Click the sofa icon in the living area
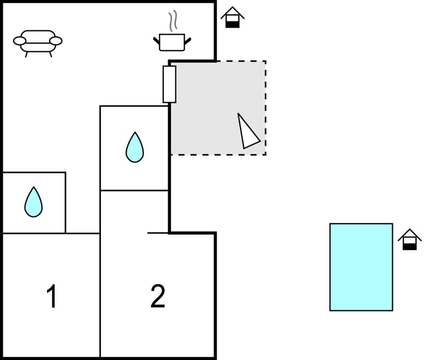pos(38,42)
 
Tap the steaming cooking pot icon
pos(172,41)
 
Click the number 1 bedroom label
pos(52,297)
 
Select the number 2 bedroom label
pos(158,297)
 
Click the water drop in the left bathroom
pos(33,202)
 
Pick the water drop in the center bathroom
pos(135,147)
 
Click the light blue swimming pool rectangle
pos(361,267)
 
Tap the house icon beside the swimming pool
pos(409,240)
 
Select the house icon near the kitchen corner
pos(233,17)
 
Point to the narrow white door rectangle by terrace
pos(169,84)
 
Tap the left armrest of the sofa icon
pos(20,40)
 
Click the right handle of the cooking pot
pos(188,40)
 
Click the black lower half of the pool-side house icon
pos(409,246)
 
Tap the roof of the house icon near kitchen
pos(233,12)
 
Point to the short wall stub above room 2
pos(158,233)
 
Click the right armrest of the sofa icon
pos(55,40)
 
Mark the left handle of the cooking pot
pos(156,40)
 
